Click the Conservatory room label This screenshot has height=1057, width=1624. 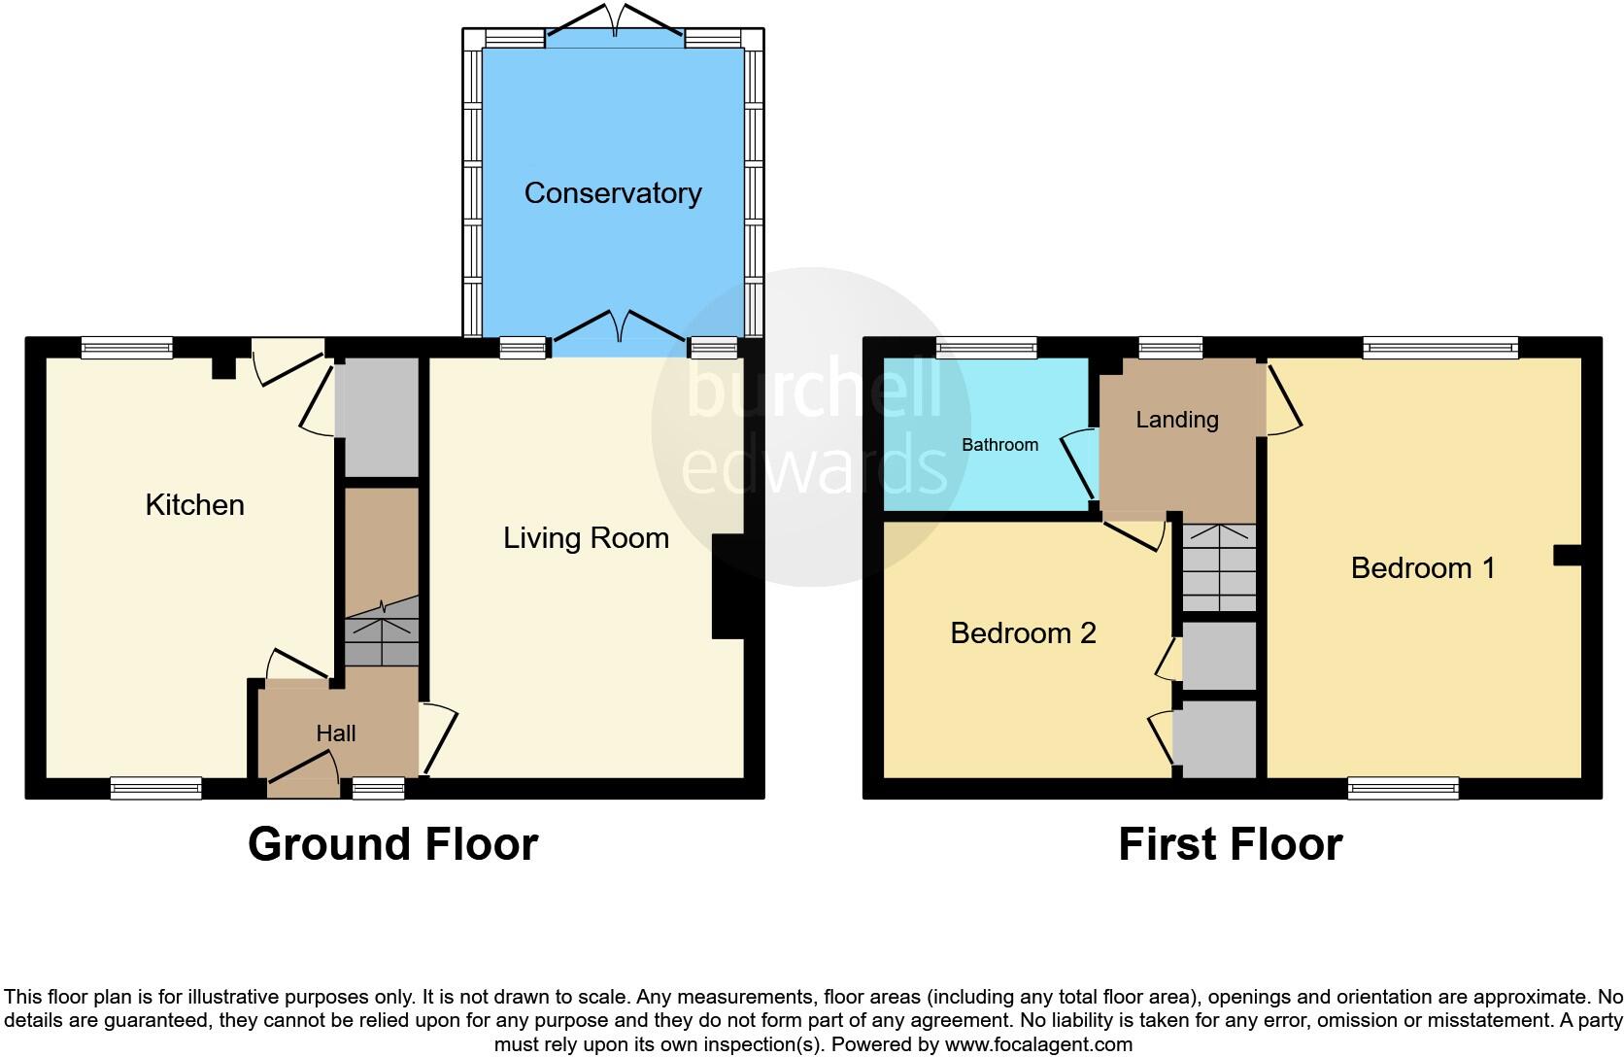[x=612, y=193]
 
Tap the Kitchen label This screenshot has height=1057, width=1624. [x=194, y=504]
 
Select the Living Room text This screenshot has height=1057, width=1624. [x=586, y=538]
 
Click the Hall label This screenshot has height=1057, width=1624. [x=336, y=733]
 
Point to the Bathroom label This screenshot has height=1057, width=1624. [x=999, y=445]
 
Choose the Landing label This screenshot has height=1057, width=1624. [x=1177, y=420]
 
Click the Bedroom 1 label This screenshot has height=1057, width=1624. [x=1423, y=568]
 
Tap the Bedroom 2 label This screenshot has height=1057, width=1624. [x=1023, y=633]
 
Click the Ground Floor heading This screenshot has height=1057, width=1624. [x=392, y=843]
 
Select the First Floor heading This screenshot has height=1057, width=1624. [x=1230, y=843]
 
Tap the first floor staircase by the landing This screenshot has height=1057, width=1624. [x=1219, y=567]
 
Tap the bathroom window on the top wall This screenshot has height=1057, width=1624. [x=987, y=347]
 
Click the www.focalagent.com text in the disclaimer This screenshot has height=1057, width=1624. [x=1038, y=1045]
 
